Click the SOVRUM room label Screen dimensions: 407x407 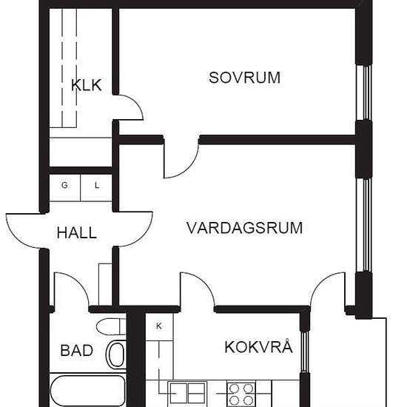click(244, 78)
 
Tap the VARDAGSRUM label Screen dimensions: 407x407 click(244, 228)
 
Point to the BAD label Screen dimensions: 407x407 click(76, 351)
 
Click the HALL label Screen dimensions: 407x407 click(77, 233)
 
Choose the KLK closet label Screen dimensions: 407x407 click(86, 85)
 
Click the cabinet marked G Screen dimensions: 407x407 click(64, 188)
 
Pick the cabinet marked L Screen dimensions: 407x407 click(96, 188)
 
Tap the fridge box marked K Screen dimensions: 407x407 click(159, 327)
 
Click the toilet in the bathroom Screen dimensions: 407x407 click(111, 326)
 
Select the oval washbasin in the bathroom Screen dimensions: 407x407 click(116, 354)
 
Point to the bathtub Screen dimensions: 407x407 click(88, 391)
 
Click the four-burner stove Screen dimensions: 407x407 click(241, 394)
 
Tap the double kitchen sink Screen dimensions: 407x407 click(187, 394)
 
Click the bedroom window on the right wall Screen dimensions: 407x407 click(363, 92)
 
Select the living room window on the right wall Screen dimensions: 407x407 click(363, 225)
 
